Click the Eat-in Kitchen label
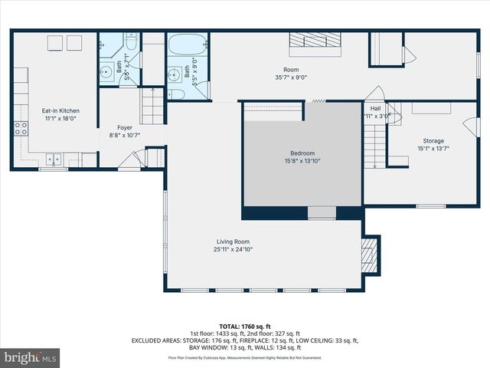point(60,111)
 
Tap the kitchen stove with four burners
point(21,128)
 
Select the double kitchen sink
point(53,159)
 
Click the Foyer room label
point(125,127)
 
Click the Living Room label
point(233,242)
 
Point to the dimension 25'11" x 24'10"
point(233,249)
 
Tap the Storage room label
point(433,141)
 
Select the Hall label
point(376,109)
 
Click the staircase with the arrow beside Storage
point(373,145)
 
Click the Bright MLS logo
point(31,357)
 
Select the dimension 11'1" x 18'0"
point(60,119)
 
